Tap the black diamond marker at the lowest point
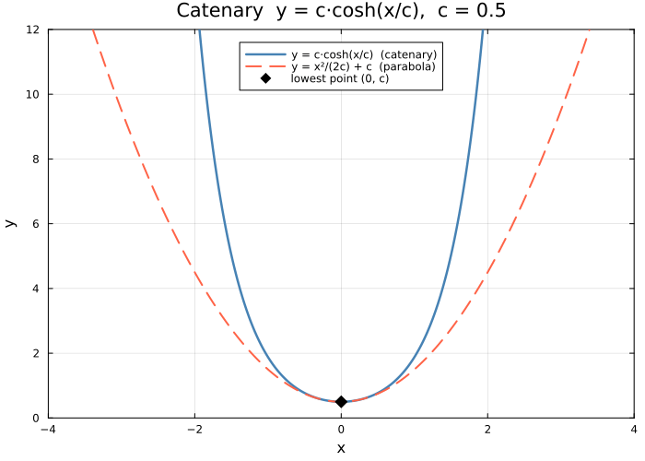coord(341,401)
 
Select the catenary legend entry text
coord(364,54)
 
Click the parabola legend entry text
coord(363,66)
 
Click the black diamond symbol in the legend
coord(266,78)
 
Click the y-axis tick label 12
coord(32,30)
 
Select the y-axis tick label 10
coord(32,94)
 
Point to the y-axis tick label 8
coord(35,159)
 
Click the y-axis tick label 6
coord(35,223)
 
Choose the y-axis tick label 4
coord(35,289)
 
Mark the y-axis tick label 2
coord(35,353)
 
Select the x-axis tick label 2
coord(487,429)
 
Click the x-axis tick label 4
coord(634,429)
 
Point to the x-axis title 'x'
coord(341,447)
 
